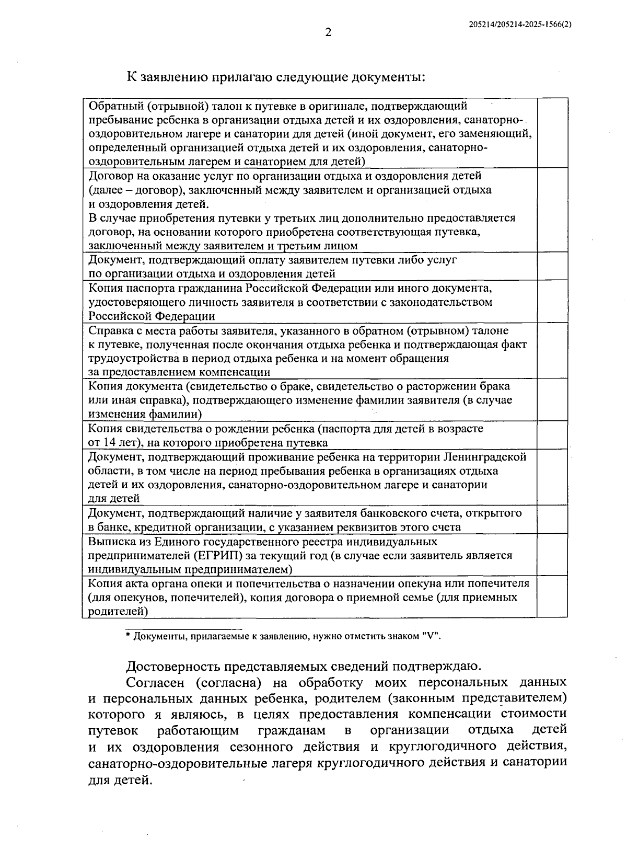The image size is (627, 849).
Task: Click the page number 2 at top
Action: [328, 32]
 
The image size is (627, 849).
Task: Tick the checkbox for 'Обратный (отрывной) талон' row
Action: [552, 133]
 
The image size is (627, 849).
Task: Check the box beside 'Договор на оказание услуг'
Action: [552, 210]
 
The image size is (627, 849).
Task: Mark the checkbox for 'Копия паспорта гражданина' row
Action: [552, 302]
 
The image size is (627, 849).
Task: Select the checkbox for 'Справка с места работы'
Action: [552, 351]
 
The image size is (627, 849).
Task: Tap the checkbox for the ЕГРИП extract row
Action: [552, 555]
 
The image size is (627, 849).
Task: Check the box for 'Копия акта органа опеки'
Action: [552, 596]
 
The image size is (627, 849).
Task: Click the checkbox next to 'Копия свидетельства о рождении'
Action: [552, 435]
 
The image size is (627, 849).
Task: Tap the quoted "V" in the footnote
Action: [432, 636]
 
